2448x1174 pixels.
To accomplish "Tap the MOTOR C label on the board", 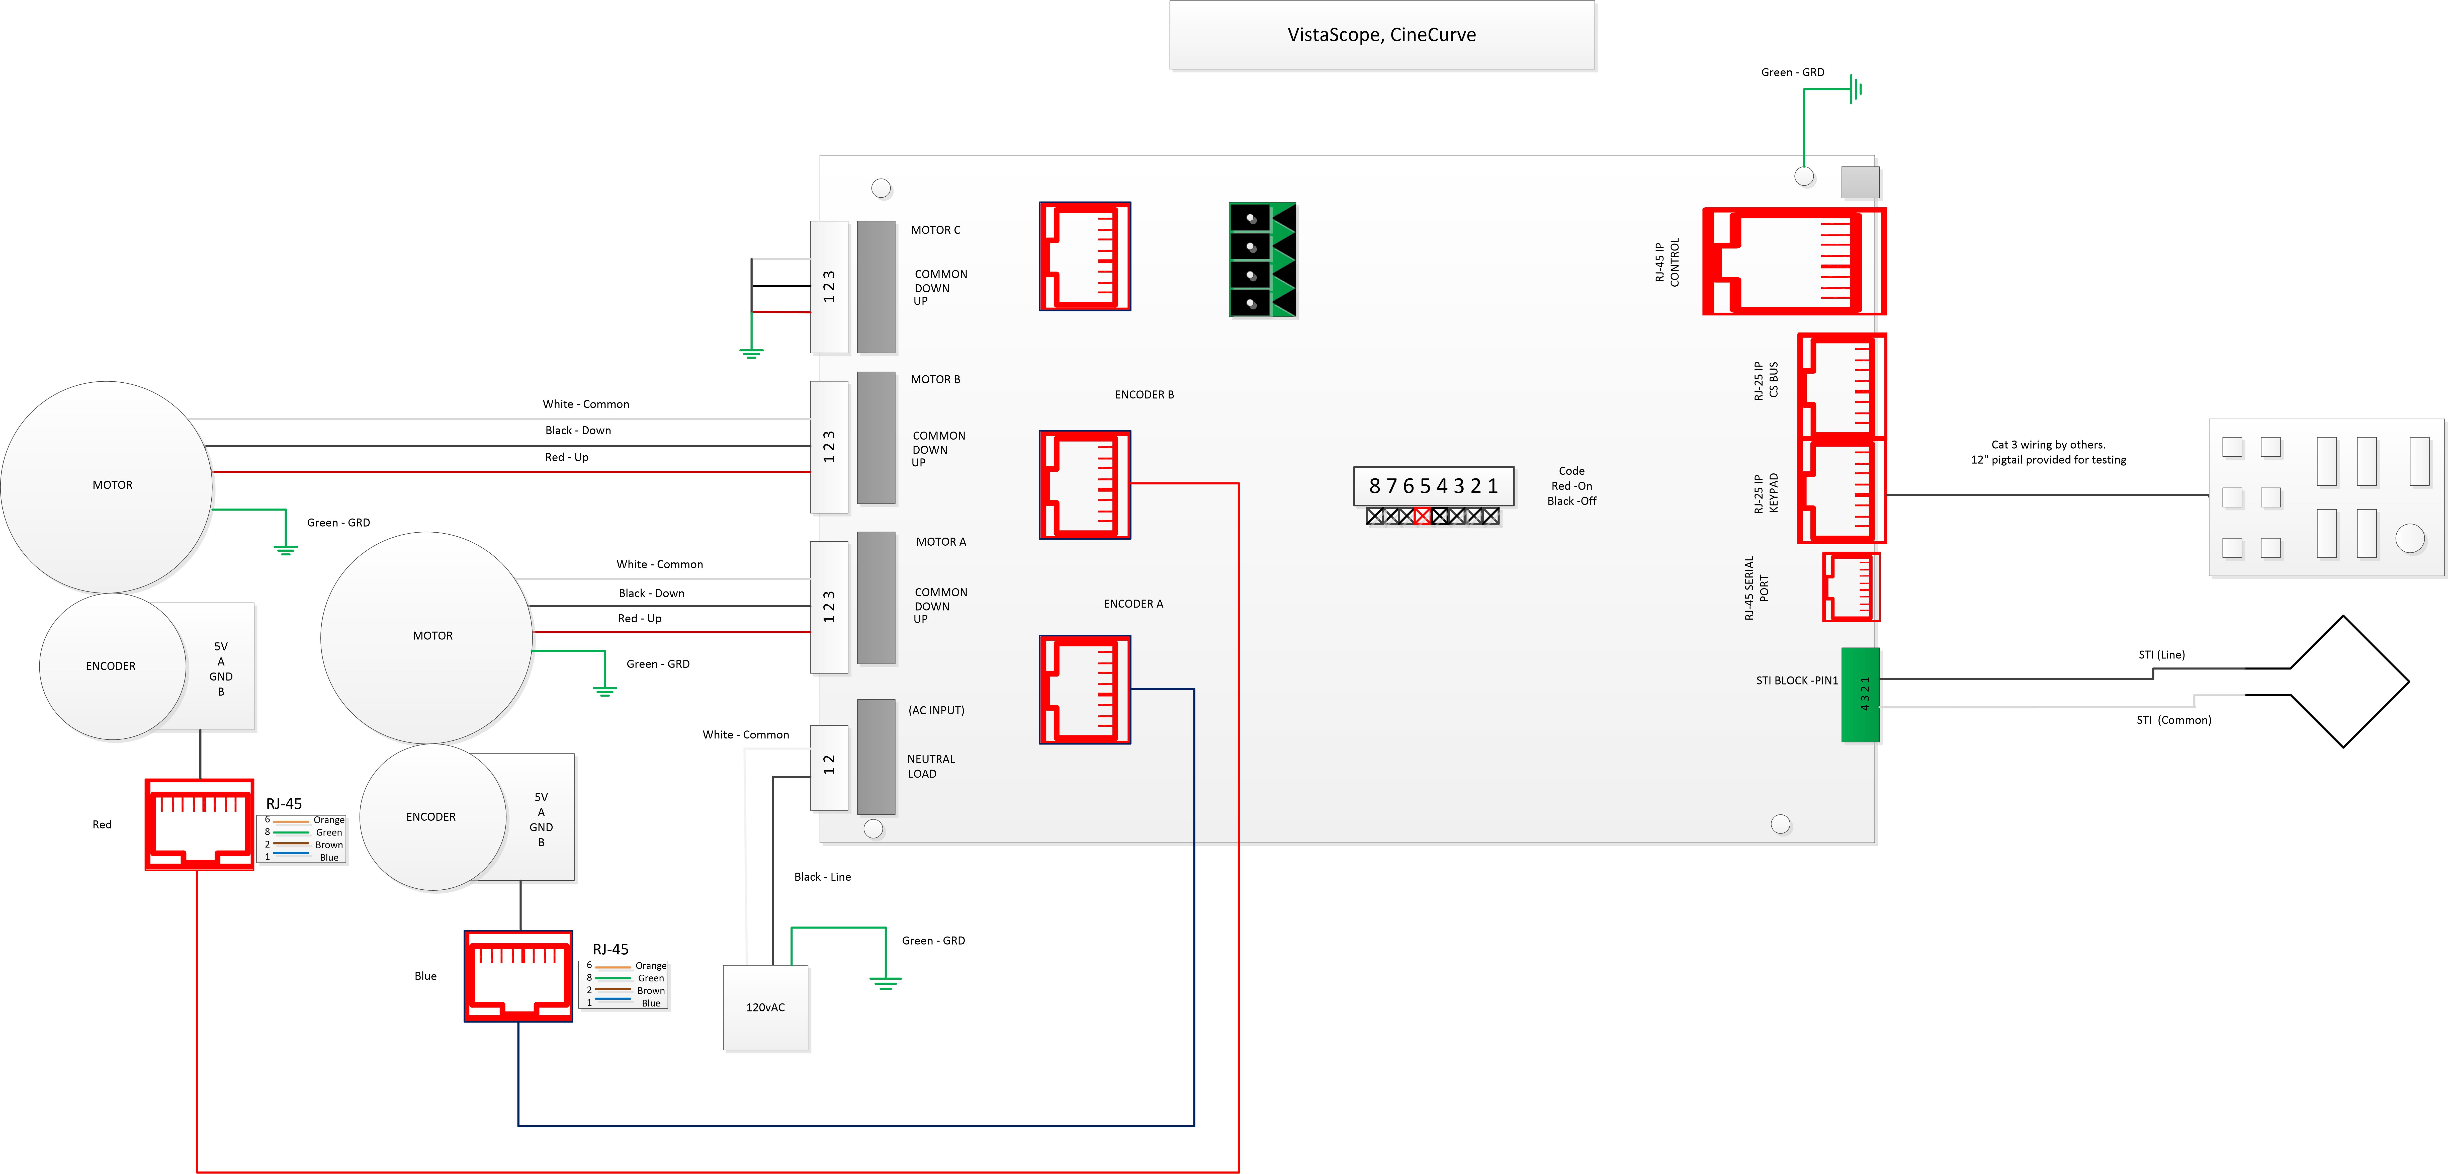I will pos(935,230).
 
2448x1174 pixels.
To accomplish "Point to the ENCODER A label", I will pos(1133,604).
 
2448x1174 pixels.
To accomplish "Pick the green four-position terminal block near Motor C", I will pos(1262,260).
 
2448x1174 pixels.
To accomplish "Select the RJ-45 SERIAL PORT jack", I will pos(1850,586).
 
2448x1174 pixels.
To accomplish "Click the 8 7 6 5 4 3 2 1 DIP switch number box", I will pos(1433,486).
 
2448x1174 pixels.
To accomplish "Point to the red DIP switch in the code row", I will pos(1422,516).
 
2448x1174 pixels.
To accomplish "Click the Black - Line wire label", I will pos(822,876).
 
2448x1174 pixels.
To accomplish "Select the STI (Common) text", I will pos(2173,720).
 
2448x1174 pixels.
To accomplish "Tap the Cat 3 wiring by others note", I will pos(2048,452).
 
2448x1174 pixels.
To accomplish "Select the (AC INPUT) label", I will pos(936,710).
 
